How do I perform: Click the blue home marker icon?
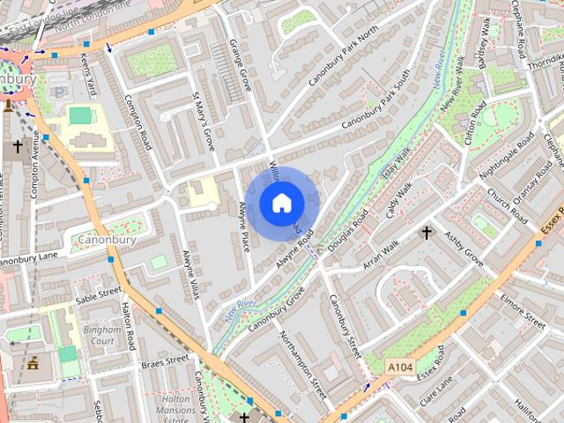(281, 204)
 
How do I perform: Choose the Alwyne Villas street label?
(189, 277)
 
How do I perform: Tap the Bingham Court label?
(99, 335)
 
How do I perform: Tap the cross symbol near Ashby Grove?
(427, 233)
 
